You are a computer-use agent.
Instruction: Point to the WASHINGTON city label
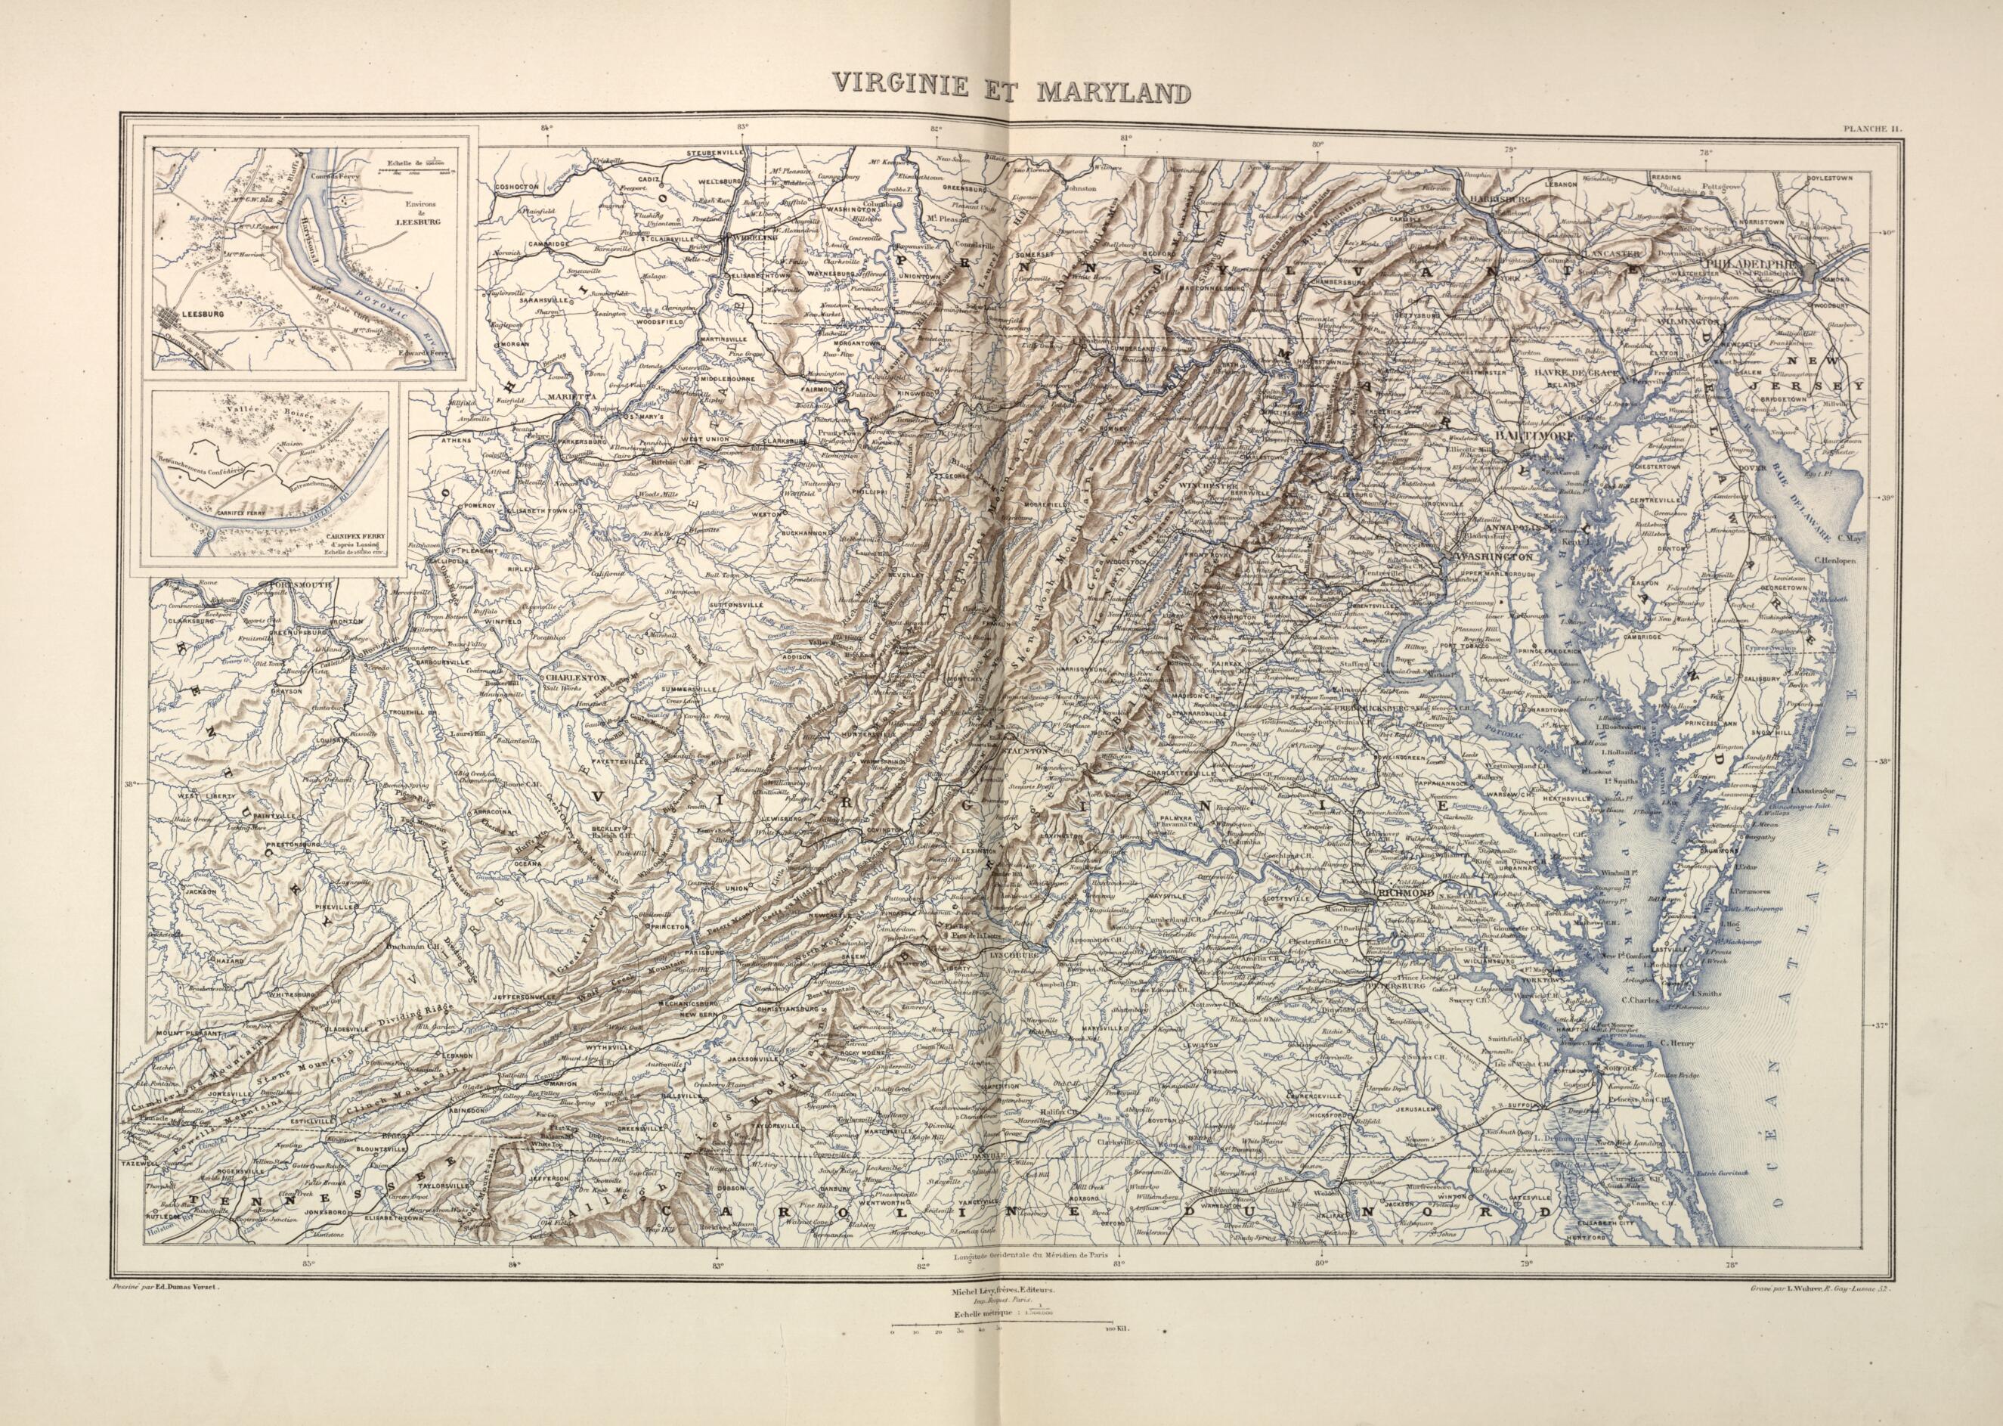pyautogui.click(x=1493, y=557)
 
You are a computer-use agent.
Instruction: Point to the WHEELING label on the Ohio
pyautogui.click(x=750, y=238)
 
